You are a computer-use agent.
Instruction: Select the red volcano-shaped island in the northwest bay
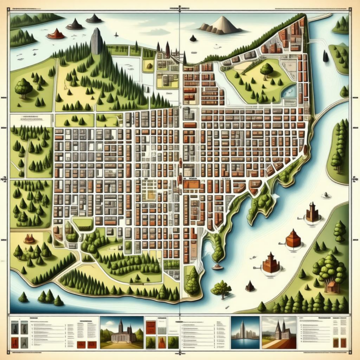pos(55,34)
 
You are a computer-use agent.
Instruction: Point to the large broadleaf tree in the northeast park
pos(267,69)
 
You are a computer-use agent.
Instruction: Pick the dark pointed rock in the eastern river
pos(326,55)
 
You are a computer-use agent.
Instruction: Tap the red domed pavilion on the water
pos(293,238)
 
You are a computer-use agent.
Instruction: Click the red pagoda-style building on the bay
pos(271,263)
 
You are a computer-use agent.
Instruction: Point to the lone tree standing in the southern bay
pos(221,287)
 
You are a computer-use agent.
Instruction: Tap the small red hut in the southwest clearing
pos(29,238)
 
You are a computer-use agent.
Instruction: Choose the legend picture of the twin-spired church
pos(279,332)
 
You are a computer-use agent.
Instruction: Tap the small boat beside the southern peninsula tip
pos(218,266)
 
